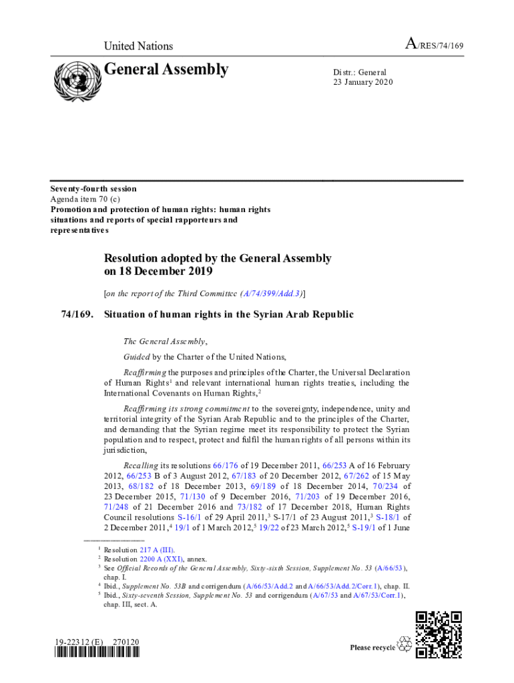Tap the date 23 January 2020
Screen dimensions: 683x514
363,82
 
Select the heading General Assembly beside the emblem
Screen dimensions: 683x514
166,69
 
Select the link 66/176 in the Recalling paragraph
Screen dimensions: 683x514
224,465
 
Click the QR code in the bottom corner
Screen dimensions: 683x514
439,634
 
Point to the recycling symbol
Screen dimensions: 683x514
405,644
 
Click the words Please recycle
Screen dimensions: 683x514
372,648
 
